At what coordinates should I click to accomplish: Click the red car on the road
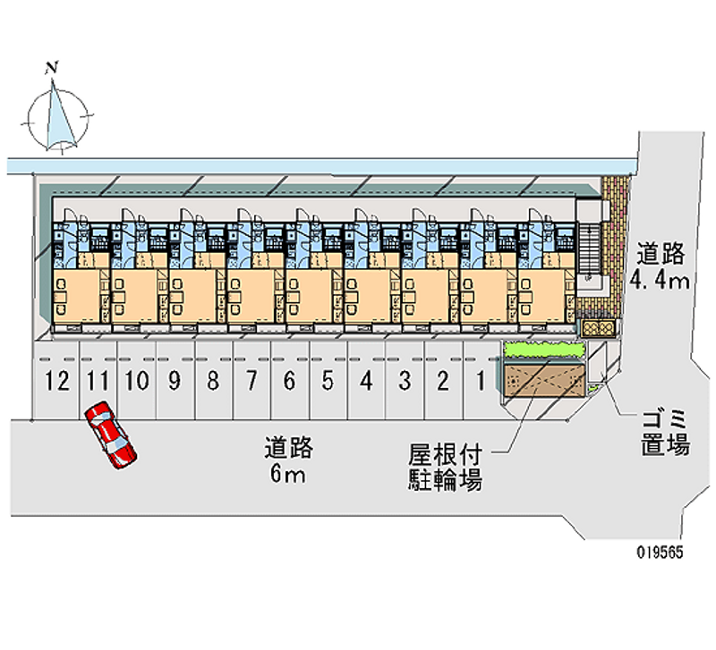pyautogui.click(x=111, y=435)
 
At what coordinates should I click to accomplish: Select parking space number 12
pyautogui.click(x=57, y=383)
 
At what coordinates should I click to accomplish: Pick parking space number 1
pyautogui.click(x=481, y=383)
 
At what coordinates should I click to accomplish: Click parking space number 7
pyautogui.click(x=251, y=383)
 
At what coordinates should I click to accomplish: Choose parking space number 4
pyautogui.click(x=366, y=383)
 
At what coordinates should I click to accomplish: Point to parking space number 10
pyautogui.click(x=136, y=383)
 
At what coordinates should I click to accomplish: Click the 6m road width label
pyautogui.click(x=287, y=460)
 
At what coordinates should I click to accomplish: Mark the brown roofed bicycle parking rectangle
pyautogui.click(x=542, y=381)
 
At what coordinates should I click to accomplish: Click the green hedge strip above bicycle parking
pyautogui.click(x=542, y=350)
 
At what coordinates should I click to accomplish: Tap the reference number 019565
pyautogui.click(x=660, y=553)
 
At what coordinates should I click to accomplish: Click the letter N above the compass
pyautogui.click(x=53, y=67)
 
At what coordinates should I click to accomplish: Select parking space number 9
pyautogui.click(x=175, y=383)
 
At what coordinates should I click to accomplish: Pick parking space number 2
pyautogui.click(x=442, y=383)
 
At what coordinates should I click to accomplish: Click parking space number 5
pyautogui.click(x=328, y=383)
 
